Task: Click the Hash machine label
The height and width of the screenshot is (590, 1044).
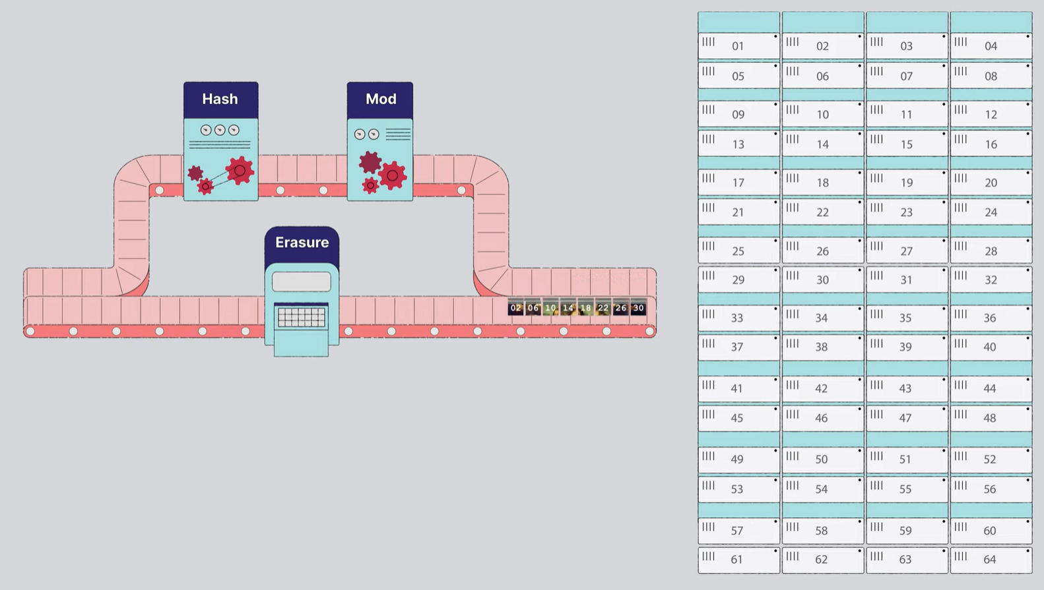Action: [x=220, y=99]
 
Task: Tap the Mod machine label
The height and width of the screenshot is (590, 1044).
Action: [x=381, y=99]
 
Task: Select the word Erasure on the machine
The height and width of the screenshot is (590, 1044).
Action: [x=302, y=243]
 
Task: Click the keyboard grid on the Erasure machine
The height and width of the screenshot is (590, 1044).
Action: [x=302, y=318]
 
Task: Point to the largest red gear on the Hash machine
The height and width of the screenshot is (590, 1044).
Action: [x=240, y=171]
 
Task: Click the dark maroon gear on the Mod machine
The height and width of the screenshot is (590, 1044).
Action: [x=370, y=162]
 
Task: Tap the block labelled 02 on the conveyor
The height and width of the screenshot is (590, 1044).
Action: [x=516, y=308]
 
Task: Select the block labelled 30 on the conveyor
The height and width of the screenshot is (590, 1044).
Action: [x=638, y=308]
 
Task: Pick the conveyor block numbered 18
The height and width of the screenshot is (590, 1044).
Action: [x=585, y=308]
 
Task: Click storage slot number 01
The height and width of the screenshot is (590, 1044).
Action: [x=738, y=46]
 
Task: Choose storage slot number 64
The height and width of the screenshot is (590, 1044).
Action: [x=991, y=560]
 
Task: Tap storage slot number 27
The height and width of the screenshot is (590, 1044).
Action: [x=907, y=251]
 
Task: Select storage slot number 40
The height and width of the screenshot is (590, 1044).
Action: [x=991, y=347]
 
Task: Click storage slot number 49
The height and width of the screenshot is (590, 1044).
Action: [x=738, y=459]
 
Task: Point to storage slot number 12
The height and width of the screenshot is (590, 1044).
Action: [x=991, y=115]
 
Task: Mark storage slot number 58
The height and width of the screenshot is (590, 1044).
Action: [x=822, y=531]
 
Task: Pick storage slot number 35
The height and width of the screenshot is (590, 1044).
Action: [x=907, y=318]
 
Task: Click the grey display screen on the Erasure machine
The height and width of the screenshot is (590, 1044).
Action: [x=302, y=281]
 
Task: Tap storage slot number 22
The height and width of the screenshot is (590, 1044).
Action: [x=822, y=212]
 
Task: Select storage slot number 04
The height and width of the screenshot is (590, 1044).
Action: [x=991, y=46]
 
